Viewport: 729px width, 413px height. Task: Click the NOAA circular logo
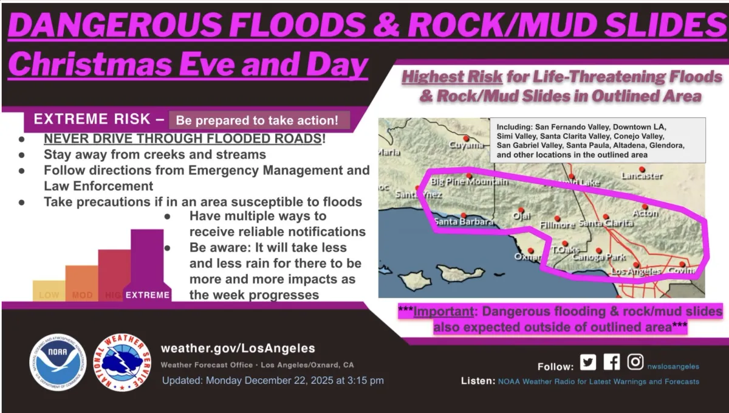click(58, 363)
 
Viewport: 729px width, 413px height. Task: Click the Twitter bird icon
click(587, 363)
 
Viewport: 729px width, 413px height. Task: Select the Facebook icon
click(612, 362)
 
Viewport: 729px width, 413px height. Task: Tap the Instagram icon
click(635, 362)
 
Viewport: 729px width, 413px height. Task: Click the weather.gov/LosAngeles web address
click(238, 349)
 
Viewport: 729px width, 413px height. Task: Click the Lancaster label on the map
click(642, 176)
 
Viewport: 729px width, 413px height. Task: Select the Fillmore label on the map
click(557, 225)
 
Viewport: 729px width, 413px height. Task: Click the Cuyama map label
click(467, 145)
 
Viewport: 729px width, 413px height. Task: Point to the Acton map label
click(645, 213)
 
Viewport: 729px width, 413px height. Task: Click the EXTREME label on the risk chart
click(147, 295)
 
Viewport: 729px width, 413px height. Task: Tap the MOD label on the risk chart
click(82, 296)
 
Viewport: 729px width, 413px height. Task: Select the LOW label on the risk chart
click(49, 296)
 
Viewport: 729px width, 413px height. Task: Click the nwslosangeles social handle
click(673, 366)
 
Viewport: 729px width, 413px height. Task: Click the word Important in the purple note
click(442, 312)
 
